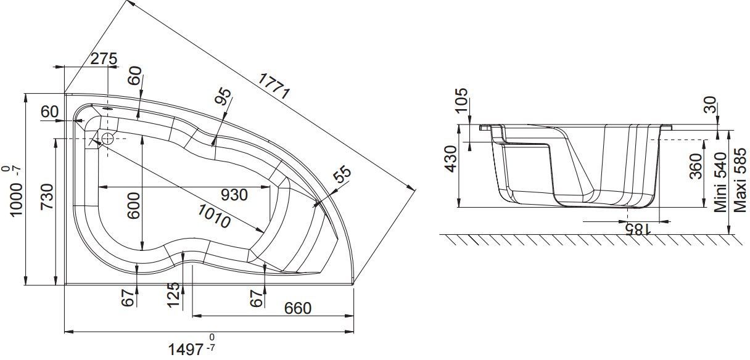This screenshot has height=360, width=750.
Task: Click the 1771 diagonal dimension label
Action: [274, 86]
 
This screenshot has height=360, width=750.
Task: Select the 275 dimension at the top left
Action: [104, 59]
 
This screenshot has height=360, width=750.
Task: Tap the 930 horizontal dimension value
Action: [234, 195]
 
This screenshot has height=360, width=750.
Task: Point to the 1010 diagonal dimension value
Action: [214, 216]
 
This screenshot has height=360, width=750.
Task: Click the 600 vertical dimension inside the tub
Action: [134, 205]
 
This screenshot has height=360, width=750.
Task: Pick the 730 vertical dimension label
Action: [47, 197]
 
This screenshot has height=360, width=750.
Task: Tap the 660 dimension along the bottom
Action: [298, 308]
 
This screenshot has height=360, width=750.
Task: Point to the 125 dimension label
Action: [173, 295]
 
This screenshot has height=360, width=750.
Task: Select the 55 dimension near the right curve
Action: [343, 174]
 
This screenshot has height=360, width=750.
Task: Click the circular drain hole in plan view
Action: [107, 138]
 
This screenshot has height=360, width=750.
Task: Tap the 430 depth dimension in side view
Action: [451, 159]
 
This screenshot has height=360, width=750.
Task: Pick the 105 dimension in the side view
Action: [462, 100]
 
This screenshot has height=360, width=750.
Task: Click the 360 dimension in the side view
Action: [696, 166]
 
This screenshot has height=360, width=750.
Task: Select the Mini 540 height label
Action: [720, 182]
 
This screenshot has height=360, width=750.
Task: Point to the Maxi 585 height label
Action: [740, 181]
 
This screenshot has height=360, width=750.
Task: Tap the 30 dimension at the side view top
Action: [711, 104]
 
